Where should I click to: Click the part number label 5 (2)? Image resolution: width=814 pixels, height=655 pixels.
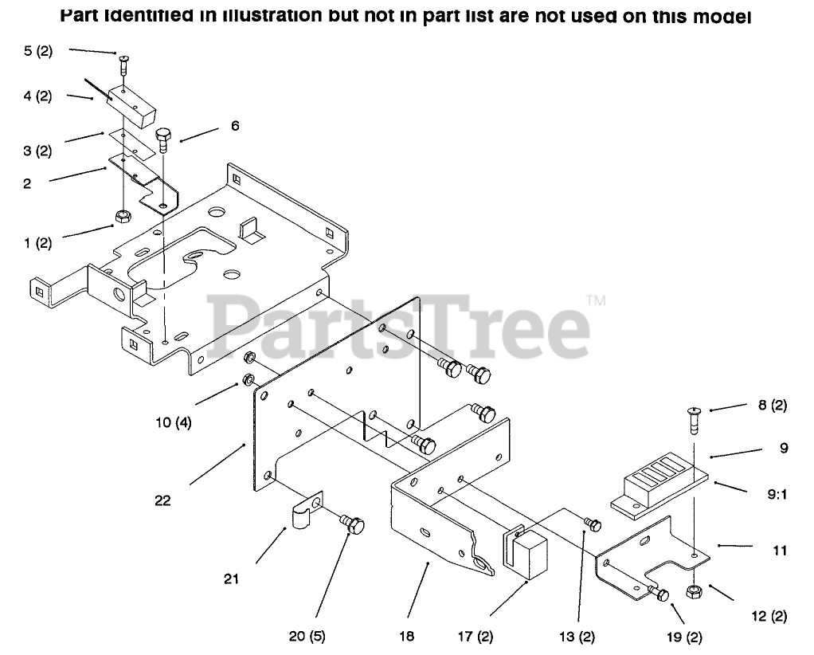pos(37,51)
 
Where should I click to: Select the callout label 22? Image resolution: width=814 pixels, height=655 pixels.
pos(163,500)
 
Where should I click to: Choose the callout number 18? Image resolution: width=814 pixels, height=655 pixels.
pos(408,636)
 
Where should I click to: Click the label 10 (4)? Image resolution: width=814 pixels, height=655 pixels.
pos(173,422)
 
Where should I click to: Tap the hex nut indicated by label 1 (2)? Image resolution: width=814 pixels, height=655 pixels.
pos(123,216)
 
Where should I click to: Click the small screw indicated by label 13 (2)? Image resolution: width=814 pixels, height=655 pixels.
pos(593,524)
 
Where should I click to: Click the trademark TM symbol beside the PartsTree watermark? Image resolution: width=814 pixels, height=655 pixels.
pos(596,300)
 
